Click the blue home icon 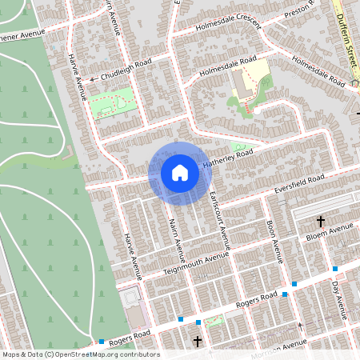[180, 172]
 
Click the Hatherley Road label [226, 158]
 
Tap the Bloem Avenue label [330, 233]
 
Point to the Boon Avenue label [274, 241]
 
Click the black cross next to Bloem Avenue [321, 220]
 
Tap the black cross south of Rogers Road [198, 342]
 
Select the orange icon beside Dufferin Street [356, 82]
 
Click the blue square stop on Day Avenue [334, 270]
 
